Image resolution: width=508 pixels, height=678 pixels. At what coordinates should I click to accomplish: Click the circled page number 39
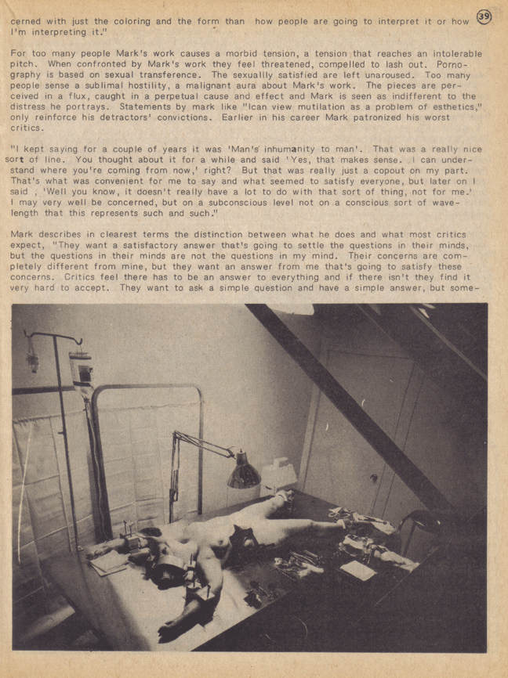tap(484, 16)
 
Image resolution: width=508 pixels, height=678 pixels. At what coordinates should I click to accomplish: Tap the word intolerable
tap(449, 53)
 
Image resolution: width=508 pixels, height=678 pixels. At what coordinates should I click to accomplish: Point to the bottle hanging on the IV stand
tap(80, 368)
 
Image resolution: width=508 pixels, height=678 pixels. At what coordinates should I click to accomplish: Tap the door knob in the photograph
tap(373, 477)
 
